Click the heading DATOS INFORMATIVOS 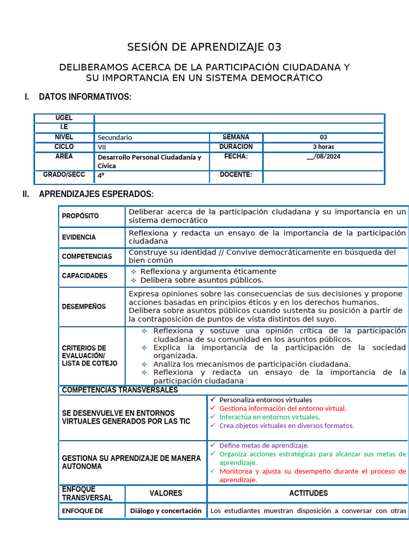(x=85, y=97)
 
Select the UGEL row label (x=64, y=118)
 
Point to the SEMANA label (x=236, y=137)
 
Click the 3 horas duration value (x=323, y=147)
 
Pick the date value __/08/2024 (x=323, y=156)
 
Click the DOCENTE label (x=236, y=175)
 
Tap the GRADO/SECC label (x=64, y=175)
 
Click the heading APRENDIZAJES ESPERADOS (x=96, y=194)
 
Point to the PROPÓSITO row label (x=80, y=216)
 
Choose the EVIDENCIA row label (x=79, y=237)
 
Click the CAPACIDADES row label (x=85, y=276)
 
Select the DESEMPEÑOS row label (x=84, y=307)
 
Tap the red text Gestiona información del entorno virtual (x=282, y=408)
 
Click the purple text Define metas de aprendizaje (x=264, y=445)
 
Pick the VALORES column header (x=166, y=493)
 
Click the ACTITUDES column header (x=308, y=493)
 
